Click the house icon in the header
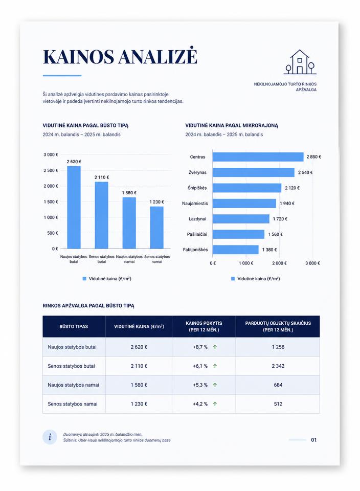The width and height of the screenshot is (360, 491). (300, 62)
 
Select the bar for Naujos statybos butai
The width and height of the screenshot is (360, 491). (74, 207)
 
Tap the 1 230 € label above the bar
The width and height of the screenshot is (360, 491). (156, 202)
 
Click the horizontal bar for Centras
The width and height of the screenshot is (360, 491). (258, 157)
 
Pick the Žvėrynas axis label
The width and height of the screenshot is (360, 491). (197, 172)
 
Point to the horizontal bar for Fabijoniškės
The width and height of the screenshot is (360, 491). (235, 250)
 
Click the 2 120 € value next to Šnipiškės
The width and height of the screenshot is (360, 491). (292, 188)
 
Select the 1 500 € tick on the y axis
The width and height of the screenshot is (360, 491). (51, 202)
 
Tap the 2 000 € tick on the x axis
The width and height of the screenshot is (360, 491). (279, 263)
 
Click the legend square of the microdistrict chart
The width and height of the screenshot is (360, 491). (233, 279)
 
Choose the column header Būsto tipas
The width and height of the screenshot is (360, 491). (74, 326)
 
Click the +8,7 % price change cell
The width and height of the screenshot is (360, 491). (200, 347)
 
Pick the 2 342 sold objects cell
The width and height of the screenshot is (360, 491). (278, 366)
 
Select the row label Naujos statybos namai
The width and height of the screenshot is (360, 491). (73, 385)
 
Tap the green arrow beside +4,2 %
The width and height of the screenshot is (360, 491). (215, 404)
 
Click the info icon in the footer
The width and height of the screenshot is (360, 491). (50, 437)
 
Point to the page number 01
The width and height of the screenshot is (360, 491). (313, 440)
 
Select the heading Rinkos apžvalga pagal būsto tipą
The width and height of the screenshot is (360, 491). (88, 306)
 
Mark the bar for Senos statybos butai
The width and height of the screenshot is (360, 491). (101, 215)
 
